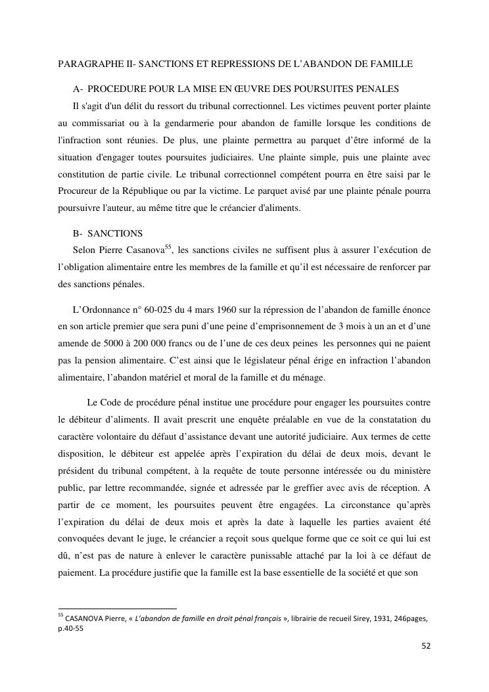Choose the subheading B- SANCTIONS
pyautogui.click(x=108, y=234)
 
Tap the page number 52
pyautogui.click(x=426, y=646)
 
